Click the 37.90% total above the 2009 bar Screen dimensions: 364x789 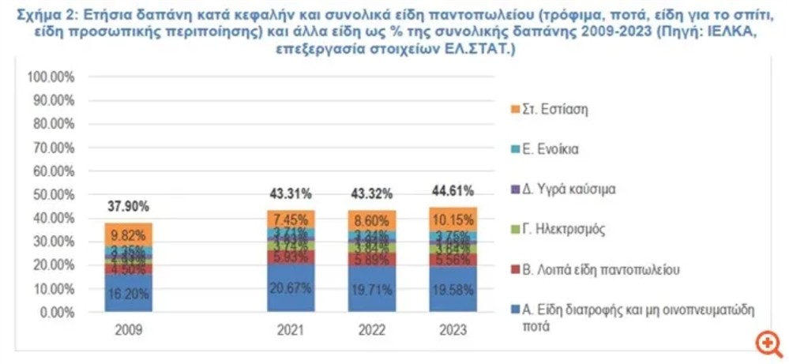pyautogui.click(x=129, y=206)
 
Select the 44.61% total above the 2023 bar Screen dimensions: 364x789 pyautogui.click(x=453, y=190)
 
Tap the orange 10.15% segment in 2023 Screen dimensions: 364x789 pyautogui.click(x=453, y=219)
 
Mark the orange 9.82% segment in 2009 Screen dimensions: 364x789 pyautogui.click(x=129, y=234)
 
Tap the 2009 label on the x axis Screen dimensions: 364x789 pyautogui.click(x=129, y=332)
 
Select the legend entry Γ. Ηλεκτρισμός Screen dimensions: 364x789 pyautogui.click(x=562, y=229)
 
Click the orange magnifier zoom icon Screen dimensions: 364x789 pyautogui.click(x=767, y=342)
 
